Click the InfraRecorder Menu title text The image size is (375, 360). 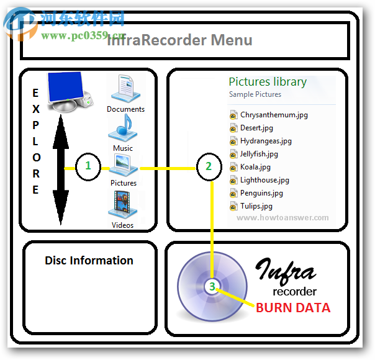coord(180,41)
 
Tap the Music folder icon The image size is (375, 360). coord(123,128)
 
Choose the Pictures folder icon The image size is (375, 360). coord(124,164)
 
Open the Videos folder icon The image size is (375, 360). coord(123,204)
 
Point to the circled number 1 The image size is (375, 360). coord(88,166)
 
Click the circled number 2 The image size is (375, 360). coord(209,166)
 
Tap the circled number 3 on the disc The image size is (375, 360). coord(212,287)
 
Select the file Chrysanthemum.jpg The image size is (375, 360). coord(273,115)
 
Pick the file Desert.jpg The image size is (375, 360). coord(256,128)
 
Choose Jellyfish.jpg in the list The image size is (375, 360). coord(259,154)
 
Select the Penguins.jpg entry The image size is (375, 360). coord(261,193)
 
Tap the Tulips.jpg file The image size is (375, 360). coord(256,206)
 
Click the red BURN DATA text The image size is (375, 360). coord(293,307)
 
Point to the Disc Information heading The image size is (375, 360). coord(89,261)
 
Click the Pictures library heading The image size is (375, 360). coord(268,81)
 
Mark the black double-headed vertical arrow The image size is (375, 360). coord(60,168)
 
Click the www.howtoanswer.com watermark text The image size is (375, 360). coord(282,218)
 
